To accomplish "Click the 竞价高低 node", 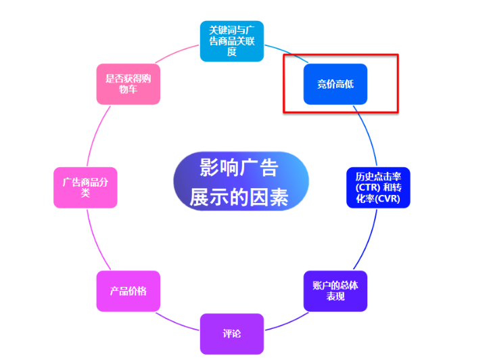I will [x=335, y=84].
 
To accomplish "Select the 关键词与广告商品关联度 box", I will [x=231, y=41].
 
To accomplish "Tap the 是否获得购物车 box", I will [x=128, y=84].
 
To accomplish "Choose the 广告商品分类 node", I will [x=85, y=187].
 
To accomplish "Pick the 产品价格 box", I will [x=128, y=291].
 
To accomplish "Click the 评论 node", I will [x=231, y=334].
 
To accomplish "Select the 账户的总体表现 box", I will [x=335, y=291].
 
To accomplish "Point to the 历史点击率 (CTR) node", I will [x=378, y=187].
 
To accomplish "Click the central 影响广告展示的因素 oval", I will [x=241, y=181].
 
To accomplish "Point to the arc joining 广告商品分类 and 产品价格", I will [x=95, y=237].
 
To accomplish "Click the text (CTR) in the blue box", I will [x=360, y=187].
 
